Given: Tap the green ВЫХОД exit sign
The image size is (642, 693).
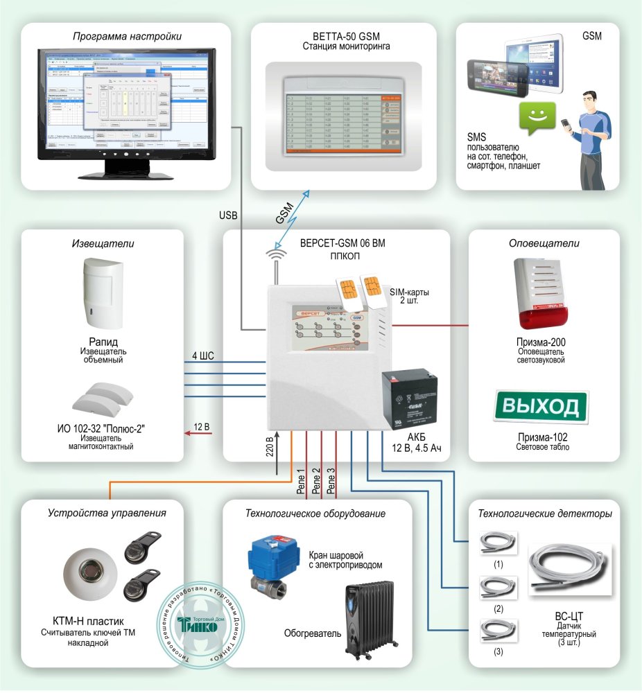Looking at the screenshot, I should [x=540, y=406].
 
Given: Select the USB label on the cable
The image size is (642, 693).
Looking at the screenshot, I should [x=228, y=216].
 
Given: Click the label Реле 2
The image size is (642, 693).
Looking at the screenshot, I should [x=316, y=480].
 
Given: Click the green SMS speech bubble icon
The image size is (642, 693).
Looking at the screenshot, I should [x=536, y=119].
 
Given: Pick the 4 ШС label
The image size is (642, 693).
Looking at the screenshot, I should [x=203, y=356].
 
